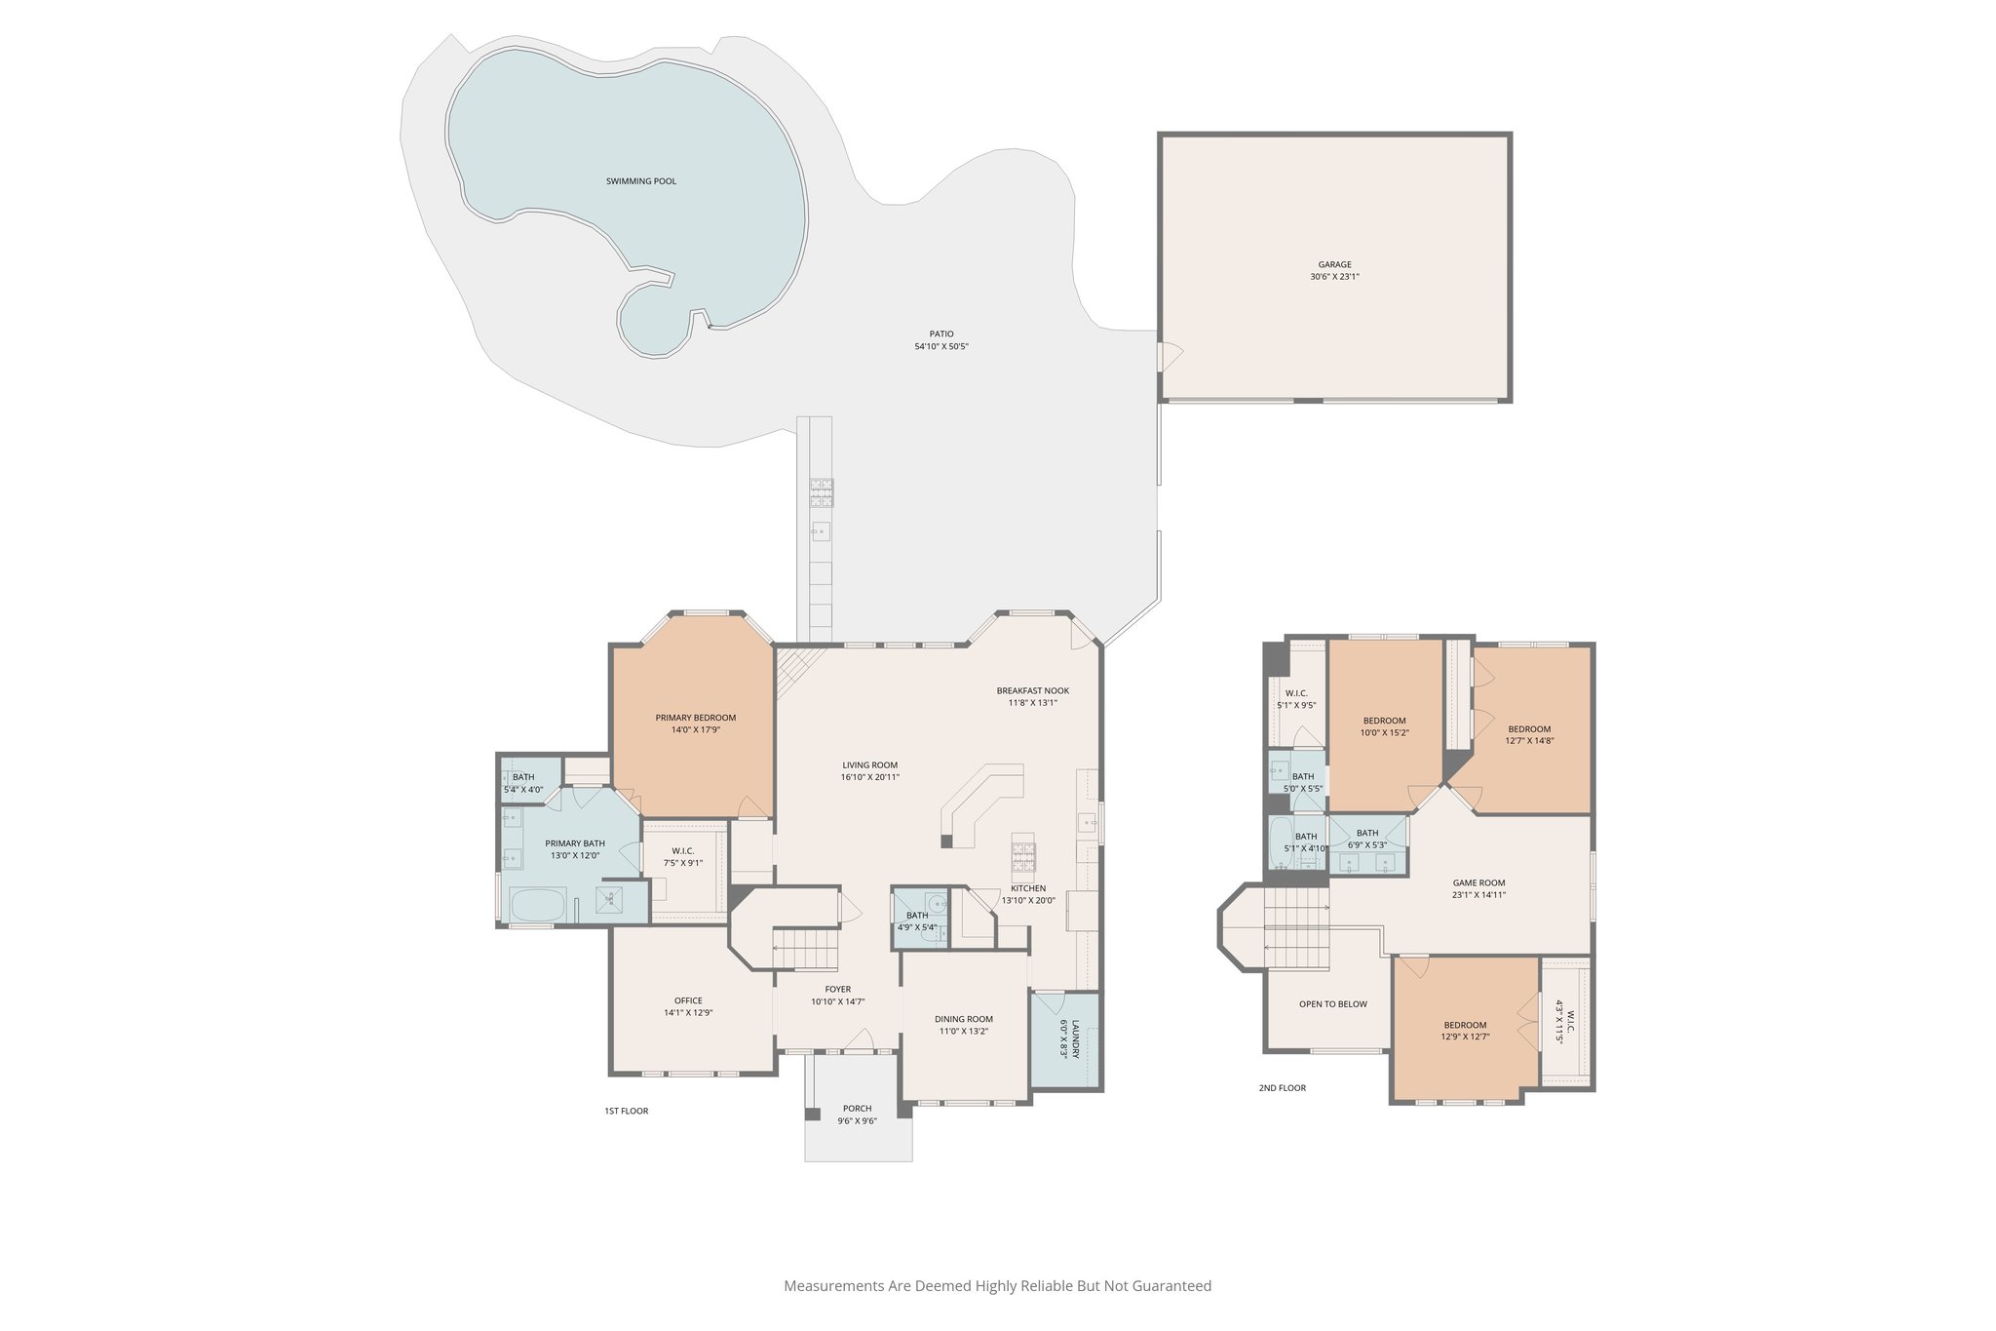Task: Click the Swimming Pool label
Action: pyautogui.click(x=640, y=181)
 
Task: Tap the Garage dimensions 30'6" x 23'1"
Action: pyautogui.click(x=1334, y=277)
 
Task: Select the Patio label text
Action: pyautogui.click(x=940, y=334)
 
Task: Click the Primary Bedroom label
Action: pyautogui.click(x=695, y=718)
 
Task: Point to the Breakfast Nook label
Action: pyautogui.click(x=1032, y=690)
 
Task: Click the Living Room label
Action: pyautogui.click(x=869, y=765)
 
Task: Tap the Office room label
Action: pyautogui.click(x=688, y=1000)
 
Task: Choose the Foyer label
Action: pyautogui.click(x=837, y=989)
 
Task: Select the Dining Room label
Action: pyautogui.click(x=963, y=1019)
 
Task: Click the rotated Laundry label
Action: pyautogui.click(x=1075, y=1039)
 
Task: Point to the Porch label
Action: pyautogui.click(x=857, y=1109)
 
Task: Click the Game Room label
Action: pyautogui.click(x=1478, y=882)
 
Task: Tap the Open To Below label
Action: pyautogui.click(x=1332, y=1004)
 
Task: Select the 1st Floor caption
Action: pyautogui.click(x=626, y=1111)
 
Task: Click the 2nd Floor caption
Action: pyautogui.click(x=1282, y=1088)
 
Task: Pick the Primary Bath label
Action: pyautogui.click(x=574, y=843)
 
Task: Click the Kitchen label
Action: pyautogui.click(x=1027, y=888)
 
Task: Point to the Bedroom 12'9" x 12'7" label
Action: pyautogui.click(x=1465, y=1025)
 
